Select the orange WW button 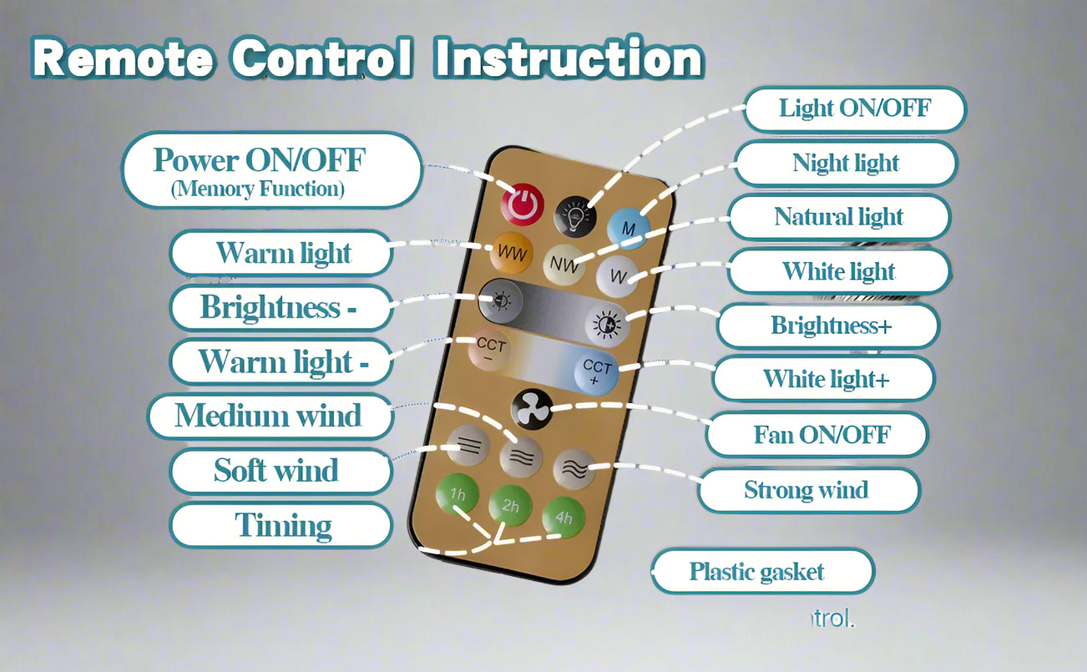(512, 253)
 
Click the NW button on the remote (563, 266)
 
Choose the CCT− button (491, 350)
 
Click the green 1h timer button (458, 495)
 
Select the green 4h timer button (564, 518)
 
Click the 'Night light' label (846, 163)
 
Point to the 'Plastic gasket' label (757, 572)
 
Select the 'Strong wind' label (806, 490)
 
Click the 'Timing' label (283, 526)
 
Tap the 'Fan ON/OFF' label (822, 434)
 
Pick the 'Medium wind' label (268, 416)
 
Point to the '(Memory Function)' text (257, 189)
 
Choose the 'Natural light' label (839, 217)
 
